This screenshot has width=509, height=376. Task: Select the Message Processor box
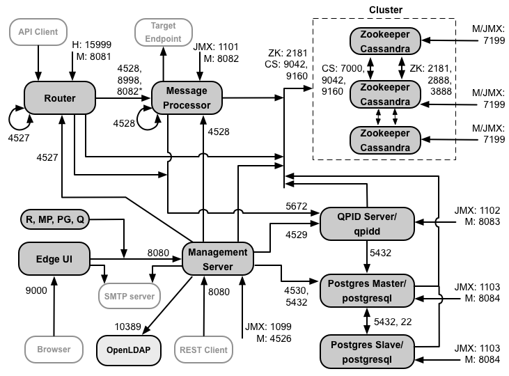tap(186, 98)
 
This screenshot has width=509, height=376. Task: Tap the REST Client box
tap(203, 350)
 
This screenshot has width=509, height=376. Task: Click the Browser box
tap(54, 350)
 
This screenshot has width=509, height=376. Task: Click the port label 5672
tap(297, 205)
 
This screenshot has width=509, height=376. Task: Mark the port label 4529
tap(297, 235)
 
